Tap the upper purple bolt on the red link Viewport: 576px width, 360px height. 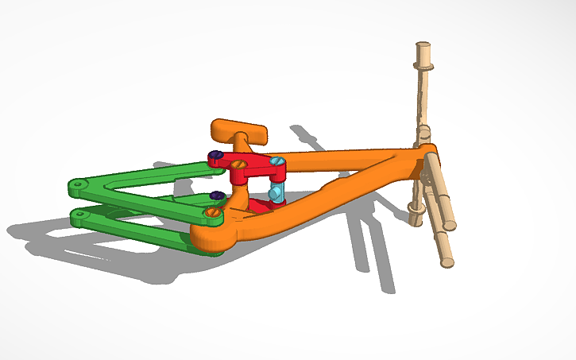point(214,155)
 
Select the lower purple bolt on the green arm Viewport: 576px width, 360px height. point(215,195)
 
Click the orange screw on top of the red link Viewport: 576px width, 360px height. point(238,164)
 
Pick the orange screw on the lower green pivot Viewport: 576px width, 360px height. point(211,212)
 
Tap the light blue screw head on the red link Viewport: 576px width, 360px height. point(276,162)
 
